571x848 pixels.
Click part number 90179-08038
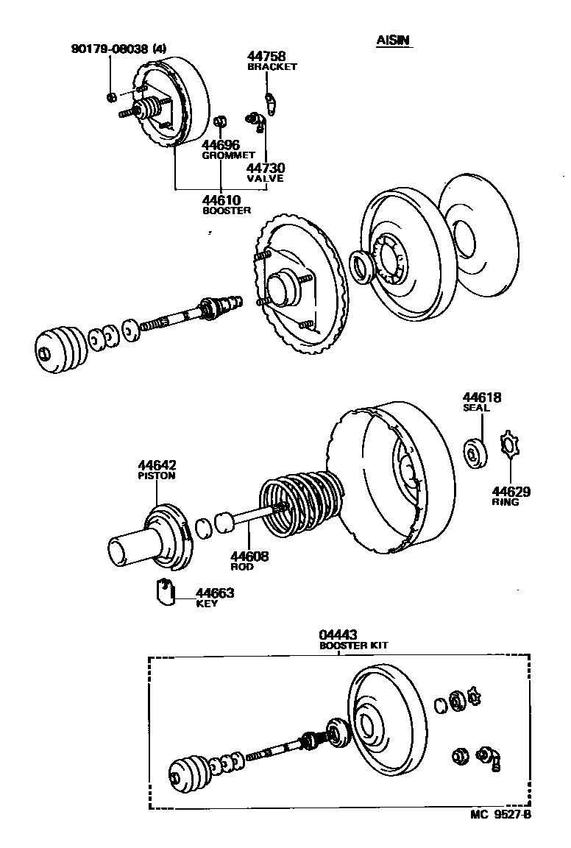pyautogui.click(x=110, y=49)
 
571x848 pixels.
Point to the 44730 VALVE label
pyautogui.click(x=265, y=172)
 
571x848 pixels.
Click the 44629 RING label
pyautogui.click(x=511, y=495)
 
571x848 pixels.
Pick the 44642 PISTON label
pyautogui.click(x=157, y=470)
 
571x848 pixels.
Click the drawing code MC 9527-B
pyautogui.click(x=500, y=815)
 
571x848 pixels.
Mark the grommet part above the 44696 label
pyautogui.click(x=220, y=121)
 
